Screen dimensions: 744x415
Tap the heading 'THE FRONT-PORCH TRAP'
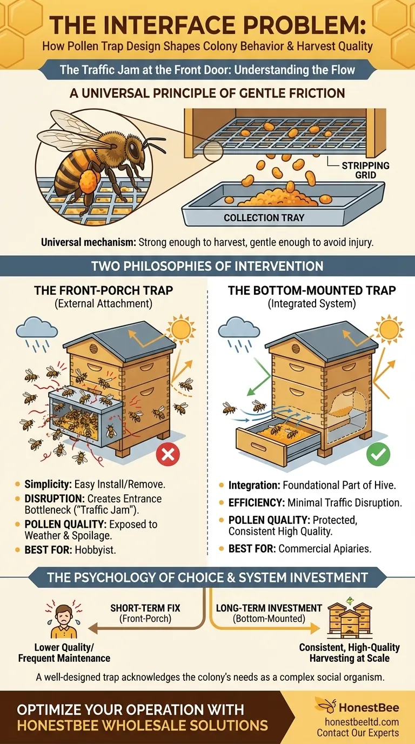(x=103, y=290)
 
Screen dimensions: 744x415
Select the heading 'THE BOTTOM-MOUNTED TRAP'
(x=312, y=290)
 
